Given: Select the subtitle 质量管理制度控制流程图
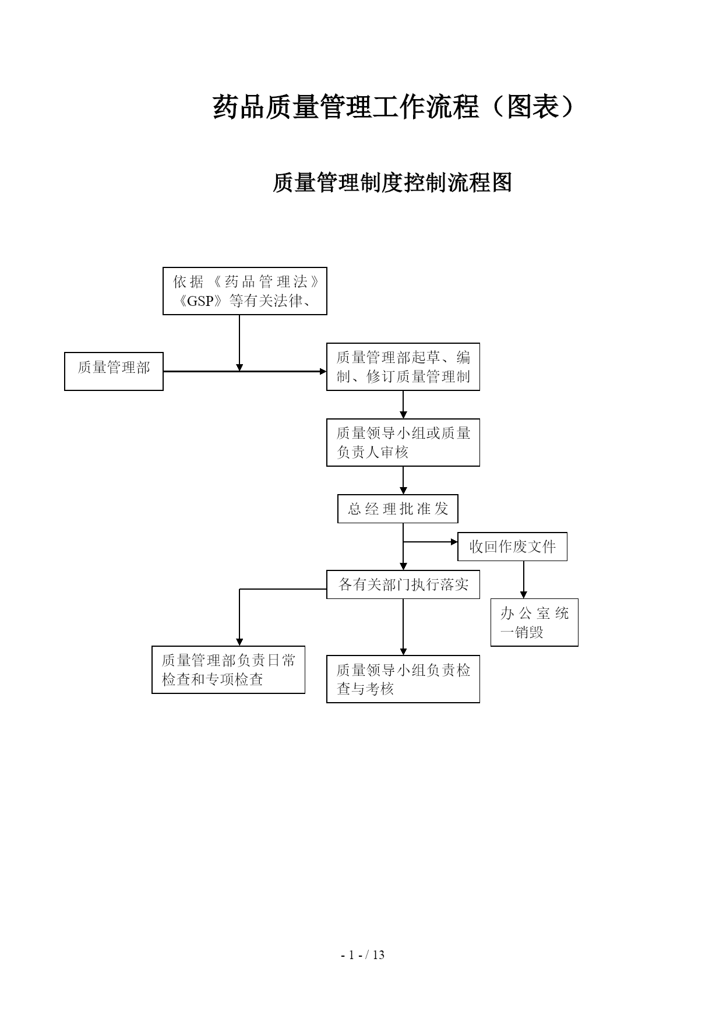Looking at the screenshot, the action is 392,182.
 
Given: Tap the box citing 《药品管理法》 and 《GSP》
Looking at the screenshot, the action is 245,291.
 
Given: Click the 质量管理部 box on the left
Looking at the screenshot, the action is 114,371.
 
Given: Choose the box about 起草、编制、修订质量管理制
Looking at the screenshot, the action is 403,366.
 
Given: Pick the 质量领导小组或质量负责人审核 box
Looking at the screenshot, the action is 403,442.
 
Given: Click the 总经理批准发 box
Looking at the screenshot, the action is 398,509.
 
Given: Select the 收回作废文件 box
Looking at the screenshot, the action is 512,547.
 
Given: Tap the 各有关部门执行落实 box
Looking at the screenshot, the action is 403,584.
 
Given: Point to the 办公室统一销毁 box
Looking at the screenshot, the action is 534,622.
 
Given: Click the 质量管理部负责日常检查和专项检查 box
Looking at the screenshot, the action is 228,669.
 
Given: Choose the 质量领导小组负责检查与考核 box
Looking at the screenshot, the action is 403,679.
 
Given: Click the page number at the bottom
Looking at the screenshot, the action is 362,955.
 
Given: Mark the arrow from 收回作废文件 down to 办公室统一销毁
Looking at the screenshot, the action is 523,580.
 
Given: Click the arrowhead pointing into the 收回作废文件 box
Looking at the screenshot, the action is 454,542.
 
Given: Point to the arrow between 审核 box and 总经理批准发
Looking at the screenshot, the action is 403,481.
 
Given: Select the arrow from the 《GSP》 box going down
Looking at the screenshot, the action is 239,343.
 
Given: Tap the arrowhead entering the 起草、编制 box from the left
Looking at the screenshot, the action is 323,371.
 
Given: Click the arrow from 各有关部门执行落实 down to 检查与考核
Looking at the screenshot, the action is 403,627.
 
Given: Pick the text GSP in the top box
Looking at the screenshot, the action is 202,301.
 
